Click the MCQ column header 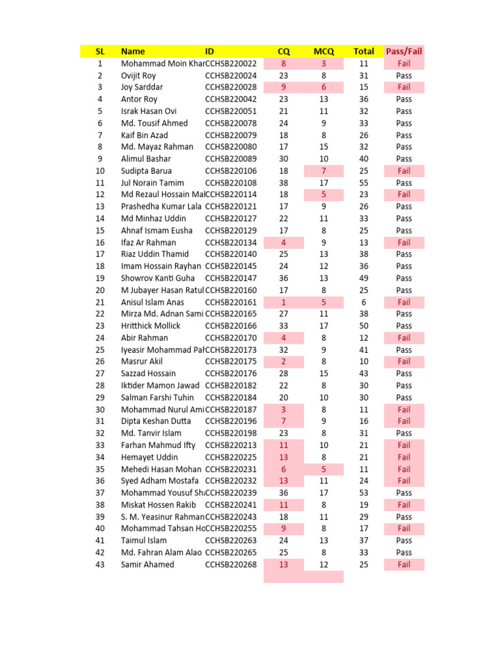[324, 51]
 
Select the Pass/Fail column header [404, 51]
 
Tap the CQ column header [283, 51]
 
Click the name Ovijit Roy [138, 75]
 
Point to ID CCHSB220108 [231, 183]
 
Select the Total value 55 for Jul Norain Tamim [364, 183]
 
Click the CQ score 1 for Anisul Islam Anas [283, 302]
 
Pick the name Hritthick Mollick [150, 326]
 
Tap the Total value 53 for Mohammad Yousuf [364, 493]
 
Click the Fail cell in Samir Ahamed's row [404, 564]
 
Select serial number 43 [100, 564]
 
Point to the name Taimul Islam [144, 540]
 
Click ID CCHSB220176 [231, 373]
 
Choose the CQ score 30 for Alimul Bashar [283, 159]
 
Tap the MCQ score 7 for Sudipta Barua [324, 171]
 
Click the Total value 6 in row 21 [364, 302]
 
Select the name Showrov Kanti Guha [158, 278]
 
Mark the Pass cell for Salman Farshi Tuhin [404, 397]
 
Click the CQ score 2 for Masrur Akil [283, 361]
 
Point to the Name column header [133, 51]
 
